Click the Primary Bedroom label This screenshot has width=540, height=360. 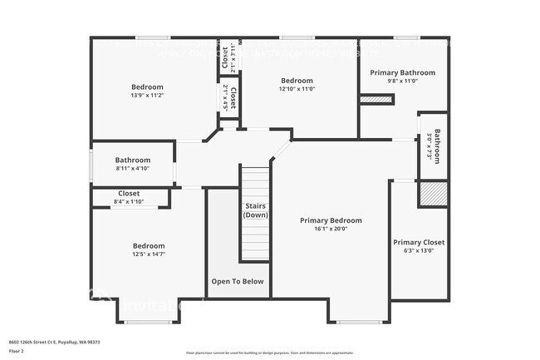point(331,220)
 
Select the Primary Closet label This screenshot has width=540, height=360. point(419,242)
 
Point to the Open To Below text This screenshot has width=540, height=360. point(238,281)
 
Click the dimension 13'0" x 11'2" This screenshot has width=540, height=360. point(147,96)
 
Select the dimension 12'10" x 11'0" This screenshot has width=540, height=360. point(297,89)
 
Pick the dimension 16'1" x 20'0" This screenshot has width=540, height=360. point(331,229)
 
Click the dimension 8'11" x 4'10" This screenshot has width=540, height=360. point(133,169)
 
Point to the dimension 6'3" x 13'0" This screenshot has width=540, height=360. point(419,250)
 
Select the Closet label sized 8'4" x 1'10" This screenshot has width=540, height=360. point(129,193)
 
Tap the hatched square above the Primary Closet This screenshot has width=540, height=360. point(432,194)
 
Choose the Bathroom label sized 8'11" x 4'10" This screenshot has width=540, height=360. point(133,160)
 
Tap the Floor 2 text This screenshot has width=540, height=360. point(17,351)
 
